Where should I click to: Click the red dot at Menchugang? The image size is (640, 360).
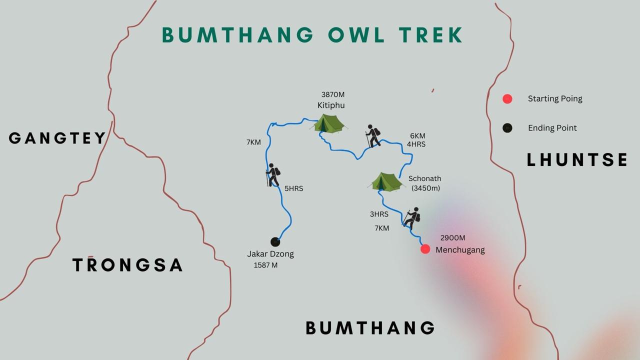(425, 249)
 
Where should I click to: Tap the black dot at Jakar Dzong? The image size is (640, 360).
(275, 242)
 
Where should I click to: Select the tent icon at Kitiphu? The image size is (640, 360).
(329, 123)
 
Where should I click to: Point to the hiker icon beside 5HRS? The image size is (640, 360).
(273, 175)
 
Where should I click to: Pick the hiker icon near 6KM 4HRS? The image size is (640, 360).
(373, 136)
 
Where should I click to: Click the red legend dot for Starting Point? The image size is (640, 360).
(507, 99)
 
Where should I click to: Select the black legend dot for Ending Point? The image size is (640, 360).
(507, 128)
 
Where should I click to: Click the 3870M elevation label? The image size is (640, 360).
(333, 94)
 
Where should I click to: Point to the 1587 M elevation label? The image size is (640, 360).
(265, 265)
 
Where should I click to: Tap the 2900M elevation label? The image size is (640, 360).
(452, 238)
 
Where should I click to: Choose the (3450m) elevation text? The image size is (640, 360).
(425, 188)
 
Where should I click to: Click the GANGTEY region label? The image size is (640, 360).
(57, 138)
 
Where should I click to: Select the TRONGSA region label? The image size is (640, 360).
(127, 265)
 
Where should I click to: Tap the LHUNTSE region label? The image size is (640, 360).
(577, 160)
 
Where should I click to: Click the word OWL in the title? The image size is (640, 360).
(356, 35)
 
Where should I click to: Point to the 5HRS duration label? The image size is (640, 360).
(293, 189)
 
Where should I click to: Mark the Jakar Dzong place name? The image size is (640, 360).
(270, 254)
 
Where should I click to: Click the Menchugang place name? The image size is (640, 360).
(460, 250)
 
